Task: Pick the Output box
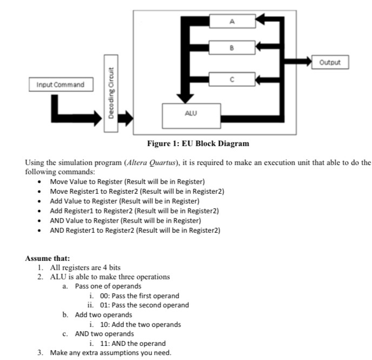[x=330, y=62]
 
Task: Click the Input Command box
[x=61, y=85]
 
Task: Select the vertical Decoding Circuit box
[x=111, y=95]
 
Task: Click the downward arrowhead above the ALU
[x=186, y=98]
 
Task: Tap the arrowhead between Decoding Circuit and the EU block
[x=128, y=116]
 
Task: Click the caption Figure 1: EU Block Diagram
[x=198, y=143]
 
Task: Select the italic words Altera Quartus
[x=150, y=162]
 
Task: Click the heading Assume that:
[x=48, y=258]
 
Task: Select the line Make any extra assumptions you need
[x=110, y=352]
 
